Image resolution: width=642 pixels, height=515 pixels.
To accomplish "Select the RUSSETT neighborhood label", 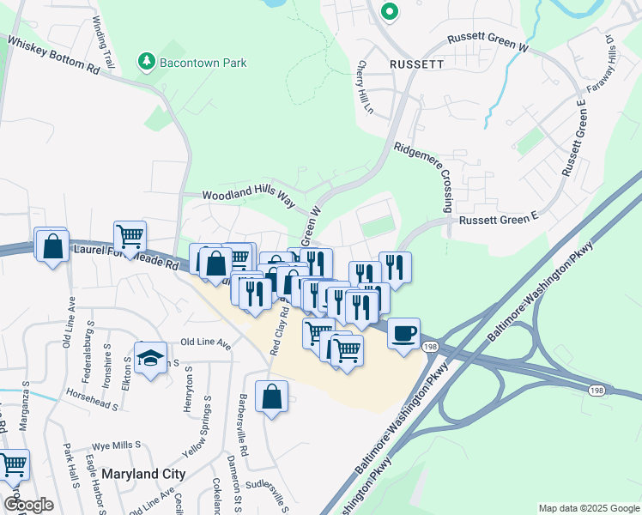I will coord(416,64).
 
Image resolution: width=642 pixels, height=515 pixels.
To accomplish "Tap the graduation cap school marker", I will coord(150,359).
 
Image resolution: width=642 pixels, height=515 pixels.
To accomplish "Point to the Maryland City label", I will coord(142,474).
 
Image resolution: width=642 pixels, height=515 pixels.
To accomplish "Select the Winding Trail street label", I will coord(103,43).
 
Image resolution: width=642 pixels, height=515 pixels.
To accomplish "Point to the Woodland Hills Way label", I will coord(248,196).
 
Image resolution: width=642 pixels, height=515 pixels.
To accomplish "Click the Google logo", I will coord(29,505).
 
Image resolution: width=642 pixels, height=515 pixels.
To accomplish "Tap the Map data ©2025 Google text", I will coord(587,508).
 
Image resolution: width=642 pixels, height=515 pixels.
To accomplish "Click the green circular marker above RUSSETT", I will coord(389,12).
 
